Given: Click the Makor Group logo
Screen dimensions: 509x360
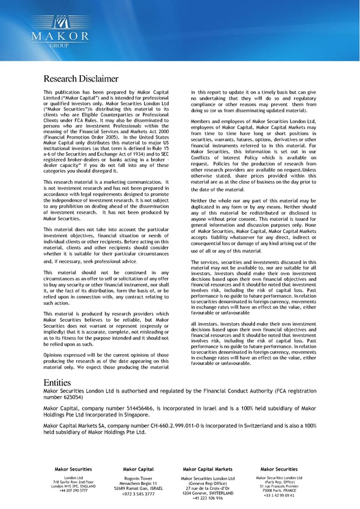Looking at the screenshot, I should [59, 29].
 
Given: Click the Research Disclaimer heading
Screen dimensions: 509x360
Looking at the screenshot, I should [81, 79].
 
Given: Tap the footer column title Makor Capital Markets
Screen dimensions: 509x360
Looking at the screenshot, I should [207, 469].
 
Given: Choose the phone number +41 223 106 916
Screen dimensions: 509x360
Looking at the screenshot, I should [208, 498].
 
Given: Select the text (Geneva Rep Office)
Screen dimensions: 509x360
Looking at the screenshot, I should [207, 483].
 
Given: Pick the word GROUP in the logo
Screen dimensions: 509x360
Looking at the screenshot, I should [59, 46].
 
